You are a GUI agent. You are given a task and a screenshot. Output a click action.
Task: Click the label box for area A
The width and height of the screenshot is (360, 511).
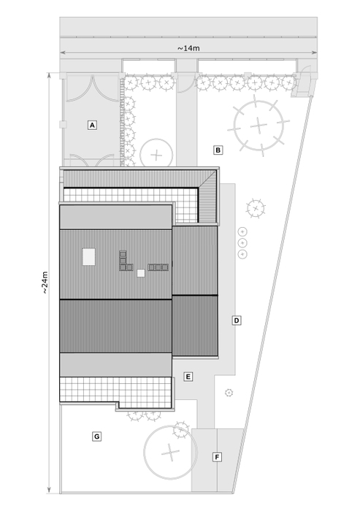click(x=92, y=125)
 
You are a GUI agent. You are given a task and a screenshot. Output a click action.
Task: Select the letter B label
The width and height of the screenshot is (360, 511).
click(x=218, y=150)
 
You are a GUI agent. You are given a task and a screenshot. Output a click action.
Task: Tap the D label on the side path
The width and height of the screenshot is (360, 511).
click(x=237, y=320)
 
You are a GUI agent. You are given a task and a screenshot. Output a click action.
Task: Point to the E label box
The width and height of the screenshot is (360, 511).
click(x=188, y=377)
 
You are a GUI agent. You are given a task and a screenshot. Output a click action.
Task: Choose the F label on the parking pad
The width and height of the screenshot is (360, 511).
click(x=217, y=457)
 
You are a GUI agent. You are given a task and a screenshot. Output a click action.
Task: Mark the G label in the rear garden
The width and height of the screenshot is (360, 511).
click(x=96, y=437)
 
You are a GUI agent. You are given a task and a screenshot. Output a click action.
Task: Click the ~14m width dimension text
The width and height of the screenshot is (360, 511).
click(x=188, y=48)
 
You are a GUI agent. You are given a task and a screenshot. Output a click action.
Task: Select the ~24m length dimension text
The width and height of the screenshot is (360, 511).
click(x=45, y=283)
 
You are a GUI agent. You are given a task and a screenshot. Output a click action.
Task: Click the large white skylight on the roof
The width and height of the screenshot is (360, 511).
click(x=88, y=257)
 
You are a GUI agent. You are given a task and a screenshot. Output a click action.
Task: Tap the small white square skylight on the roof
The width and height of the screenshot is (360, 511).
click(x=140, y=273)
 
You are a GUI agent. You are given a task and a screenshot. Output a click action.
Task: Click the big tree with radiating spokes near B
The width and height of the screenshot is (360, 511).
click(x=258, y=126)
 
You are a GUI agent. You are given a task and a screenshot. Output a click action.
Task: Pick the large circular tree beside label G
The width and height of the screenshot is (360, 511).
click(x=170, y=453)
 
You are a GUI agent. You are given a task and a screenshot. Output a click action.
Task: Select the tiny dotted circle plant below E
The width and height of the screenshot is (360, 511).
click(x=229, y=393)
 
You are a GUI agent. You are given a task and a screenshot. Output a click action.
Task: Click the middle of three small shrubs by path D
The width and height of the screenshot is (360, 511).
click(x=242, y=243)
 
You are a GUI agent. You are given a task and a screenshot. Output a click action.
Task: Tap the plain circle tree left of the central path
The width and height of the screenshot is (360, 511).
click(x=156, y=155)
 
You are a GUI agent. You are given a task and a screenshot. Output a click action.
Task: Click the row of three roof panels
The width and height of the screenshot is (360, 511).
click(x=158, y=267)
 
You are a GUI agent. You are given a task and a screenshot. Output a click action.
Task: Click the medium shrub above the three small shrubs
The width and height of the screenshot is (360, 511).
click(x=256, y=208)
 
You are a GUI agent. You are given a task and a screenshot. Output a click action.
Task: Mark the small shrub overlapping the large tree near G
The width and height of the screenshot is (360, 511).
click(x=181, y=430)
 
